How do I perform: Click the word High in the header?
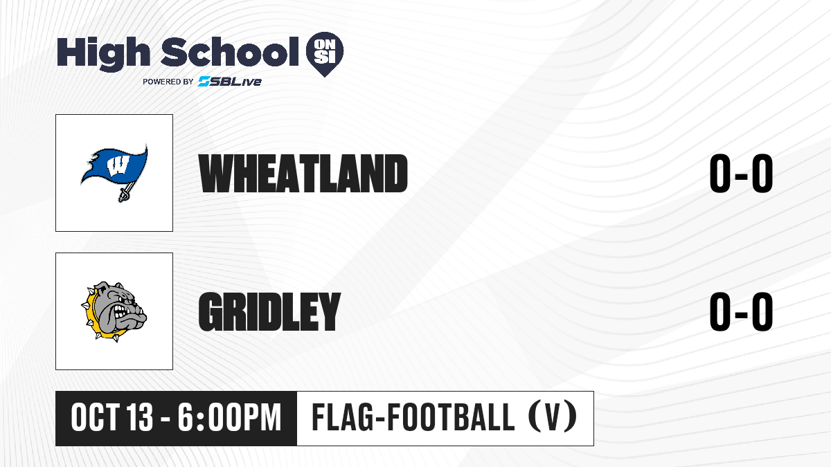click(103, 53)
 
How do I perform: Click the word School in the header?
click(230, 52)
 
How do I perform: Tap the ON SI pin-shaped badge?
click(325, 54)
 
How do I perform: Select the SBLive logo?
click(229, 82)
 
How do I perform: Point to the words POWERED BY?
click(168, 82)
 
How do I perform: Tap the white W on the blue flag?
click(117, 165)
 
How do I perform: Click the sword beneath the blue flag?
click(127, 191)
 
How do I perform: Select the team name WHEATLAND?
click(303, 173)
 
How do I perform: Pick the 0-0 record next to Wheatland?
click(741, 174)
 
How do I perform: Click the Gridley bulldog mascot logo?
click(114, 311)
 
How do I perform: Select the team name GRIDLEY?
click(269, 311)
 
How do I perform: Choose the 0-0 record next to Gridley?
click(741, 311)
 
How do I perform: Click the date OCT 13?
click(111, 418)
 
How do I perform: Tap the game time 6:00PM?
click(229, 418)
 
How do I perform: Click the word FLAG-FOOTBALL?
click(413, 417)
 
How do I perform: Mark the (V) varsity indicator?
click(553, 417)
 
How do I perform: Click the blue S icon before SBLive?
click(204, 82)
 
